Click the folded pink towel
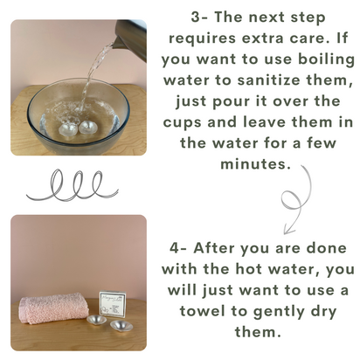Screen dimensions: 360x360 pos(54,308)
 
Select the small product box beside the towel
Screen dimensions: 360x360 pos(113,304)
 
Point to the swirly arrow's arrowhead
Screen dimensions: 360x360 pos(288,230)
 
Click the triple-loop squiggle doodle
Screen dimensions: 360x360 pos(73,185)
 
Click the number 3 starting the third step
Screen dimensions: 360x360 pos(195,17)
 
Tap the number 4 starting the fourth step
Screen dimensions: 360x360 pos(174,248)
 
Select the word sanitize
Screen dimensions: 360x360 pos(268,80)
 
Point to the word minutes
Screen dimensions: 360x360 pos(255,164)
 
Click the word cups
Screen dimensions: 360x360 pos(182,123)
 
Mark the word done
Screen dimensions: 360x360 pos(327,248)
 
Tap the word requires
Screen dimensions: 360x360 pos(202,39)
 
